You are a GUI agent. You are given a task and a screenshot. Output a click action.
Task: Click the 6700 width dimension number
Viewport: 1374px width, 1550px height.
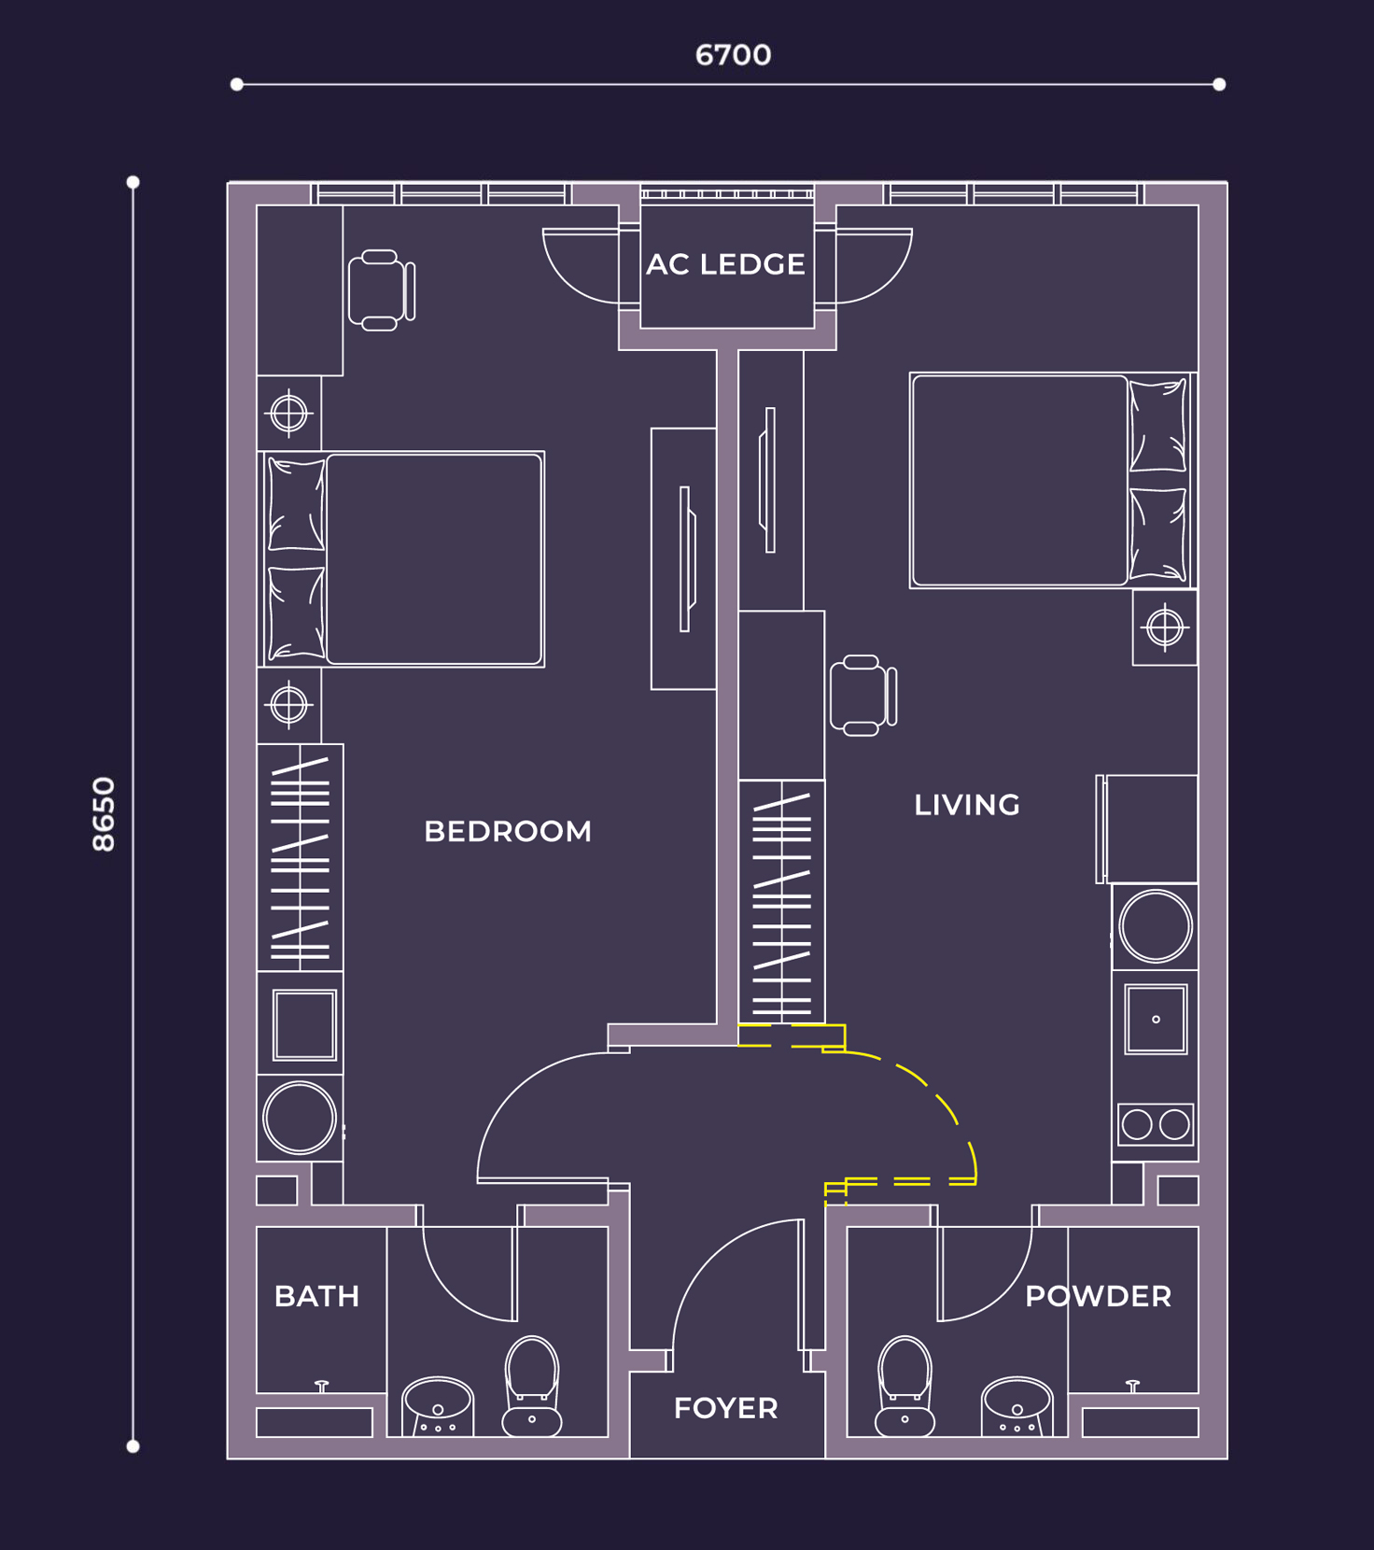tap(733, 55)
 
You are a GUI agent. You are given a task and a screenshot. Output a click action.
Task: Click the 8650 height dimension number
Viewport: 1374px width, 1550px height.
tap(104, 813)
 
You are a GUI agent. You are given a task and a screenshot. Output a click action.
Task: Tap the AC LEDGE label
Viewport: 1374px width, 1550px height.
tap(725, 265)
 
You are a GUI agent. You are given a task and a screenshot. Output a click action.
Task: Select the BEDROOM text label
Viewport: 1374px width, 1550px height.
tap(508, 831)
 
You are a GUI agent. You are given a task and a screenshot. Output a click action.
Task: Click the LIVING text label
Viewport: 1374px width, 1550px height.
tap(967, 805)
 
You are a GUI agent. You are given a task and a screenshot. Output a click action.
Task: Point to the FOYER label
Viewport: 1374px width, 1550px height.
tap(725, 1408)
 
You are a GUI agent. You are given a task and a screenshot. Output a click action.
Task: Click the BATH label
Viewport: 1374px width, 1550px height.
tap(316, 1296)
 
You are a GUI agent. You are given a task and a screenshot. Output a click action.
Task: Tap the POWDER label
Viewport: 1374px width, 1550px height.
tap(1098, 1296)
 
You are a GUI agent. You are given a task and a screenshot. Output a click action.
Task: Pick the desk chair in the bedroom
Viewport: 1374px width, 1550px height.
tap(381, 290)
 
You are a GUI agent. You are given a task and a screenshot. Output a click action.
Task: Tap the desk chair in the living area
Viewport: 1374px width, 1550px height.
tap(862, 696)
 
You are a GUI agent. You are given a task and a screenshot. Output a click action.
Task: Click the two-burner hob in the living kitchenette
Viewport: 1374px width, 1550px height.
tap(1156, 1124)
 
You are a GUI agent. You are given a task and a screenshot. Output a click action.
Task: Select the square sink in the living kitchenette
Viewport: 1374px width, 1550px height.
tap(1156, 1019)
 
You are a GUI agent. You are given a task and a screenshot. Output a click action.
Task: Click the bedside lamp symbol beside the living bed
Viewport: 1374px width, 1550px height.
tap(1165, 627)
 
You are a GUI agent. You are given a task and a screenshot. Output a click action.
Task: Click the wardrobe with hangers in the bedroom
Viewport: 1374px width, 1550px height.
tap(300, 858)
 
